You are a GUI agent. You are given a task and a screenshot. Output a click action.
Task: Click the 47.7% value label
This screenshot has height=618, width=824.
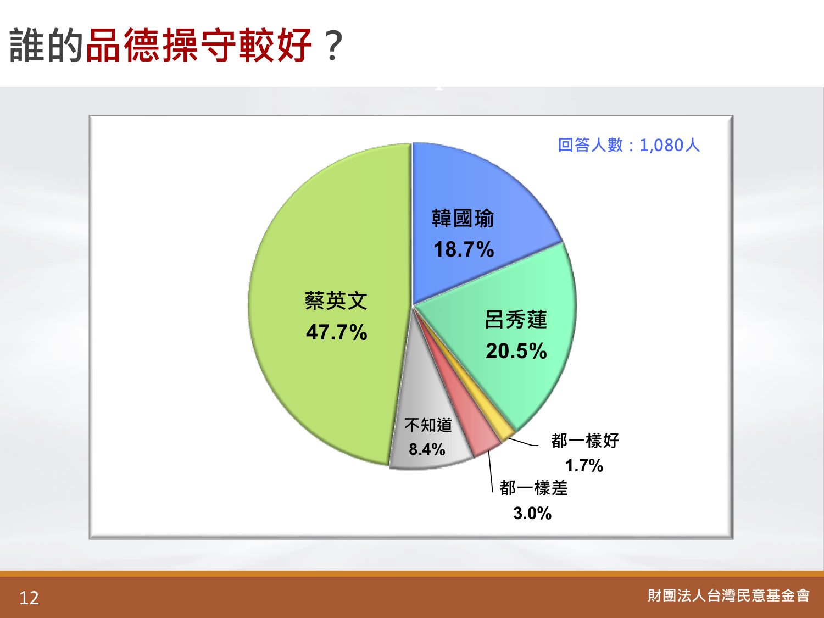336,332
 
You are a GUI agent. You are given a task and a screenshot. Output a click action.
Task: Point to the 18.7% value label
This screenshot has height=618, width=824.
464,249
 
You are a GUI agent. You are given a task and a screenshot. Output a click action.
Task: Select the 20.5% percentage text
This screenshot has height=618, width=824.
516,351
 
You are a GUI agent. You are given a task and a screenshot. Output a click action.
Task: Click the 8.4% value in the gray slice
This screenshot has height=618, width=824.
427,449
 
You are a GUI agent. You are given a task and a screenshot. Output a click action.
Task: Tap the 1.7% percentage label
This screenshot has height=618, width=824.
584,466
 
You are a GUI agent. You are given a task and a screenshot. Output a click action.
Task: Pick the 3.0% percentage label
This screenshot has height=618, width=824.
532,513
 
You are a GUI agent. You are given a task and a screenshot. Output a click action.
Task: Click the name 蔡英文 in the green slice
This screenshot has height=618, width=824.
336,301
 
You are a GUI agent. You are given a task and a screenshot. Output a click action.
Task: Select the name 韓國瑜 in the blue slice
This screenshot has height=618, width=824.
463,219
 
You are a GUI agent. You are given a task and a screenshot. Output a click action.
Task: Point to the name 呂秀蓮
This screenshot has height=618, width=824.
516,320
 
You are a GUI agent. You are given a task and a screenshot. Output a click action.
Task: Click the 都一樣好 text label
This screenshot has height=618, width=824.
585,441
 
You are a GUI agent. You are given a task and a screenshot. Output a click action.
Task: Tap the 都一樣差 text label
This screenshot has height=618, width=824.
533,488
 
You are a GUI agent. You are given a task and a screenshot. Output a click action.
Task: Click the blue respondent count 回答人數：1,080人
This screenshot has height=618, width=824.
629,145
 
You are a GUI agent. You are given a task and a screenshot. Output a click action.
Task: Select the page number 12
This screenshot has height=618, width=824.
29,598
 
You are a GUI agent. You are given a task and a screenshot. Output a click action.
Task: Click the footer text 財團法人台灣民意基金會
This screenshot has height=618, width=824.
728,595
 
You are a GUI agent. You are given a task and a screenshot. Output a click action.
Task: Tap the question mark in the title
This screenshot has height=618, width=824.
334,46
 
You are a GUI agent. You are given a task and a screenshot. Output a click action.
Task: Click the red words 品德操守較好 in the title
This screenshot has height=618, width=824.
199,45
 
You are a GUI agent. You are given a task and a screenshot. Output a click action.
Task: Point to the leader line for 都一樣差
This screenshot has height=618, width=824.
491,472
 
